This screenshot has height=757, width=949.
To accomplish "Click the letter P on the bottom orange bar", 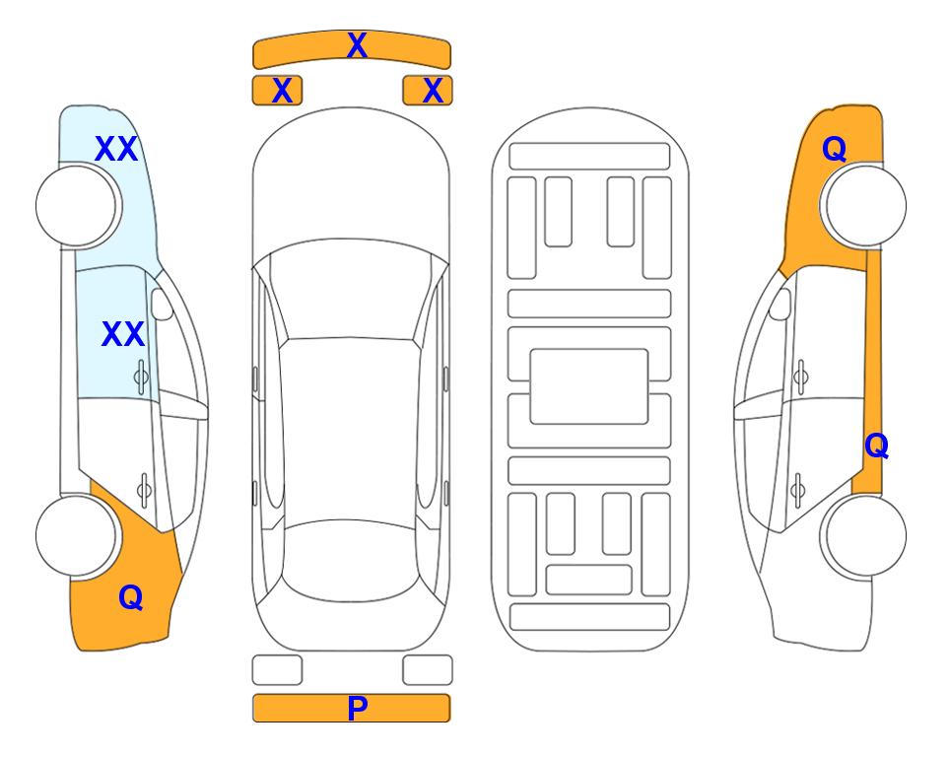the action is point(357,708).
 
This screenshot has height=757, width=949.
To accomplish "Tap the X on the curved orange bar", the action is point(357,45).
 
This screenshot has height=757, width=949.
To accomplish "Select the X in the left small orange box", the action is point(282,91).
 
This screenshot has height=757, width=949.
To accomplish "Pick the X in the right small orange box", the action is point(433,91).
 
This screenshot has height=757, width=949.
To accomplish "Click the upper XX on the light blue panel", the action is point(116,149).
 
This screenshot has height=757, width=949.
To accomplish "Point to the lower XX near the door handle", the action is point(123,334).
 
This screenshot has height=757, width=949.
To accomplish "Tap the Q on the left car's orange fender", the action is point(131,597).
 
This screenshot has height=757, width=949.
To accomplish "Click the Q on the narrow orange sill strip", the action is point(876,446).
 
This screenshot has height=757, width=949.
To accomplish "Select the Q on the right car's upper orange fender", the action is point(834,149).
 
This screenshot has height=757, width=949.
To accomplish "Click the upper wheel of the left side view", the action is point(76,206).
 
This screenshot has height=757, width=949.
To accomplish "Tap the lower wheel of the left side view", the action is point(76,535).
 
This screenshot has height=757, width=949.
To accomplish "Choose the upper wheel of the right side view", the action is point(865,205).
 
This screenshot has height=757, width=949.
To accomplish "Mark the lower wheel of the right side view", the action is point(865,535).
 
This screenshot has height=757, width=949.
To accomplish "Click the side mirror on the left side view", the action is point(162,304).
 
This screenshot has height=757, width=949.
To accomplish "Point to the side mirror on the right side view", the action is point(780,304).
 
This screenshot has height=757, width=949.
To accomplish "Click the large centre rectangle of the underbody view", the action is point(589,386).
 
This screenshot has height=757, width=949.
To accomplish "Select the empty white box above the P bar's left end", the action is point(277,670).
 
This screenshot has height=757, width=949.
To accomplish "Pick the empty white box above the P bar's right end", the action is point(428,670).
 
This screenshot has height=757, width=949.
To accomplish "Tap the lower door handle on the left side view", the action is point(144,489).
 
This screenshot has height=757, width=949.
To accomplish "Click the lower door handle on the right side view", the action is point(798,489).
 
